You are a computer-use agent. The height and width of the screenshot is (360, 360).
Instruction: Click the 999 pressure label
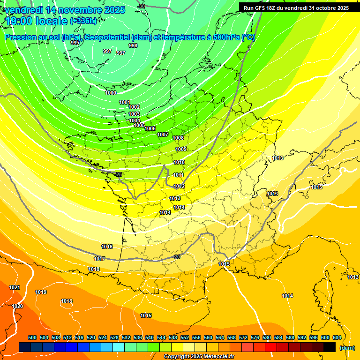pyautogui.click(x=75, y=43)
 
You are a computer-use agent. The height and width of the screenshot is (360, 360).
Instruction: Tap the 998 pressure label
pyautogui.click(x=133, y=45)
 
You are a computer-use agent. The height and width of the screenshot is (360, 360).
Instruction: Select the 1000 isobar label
pyautogui.click(x=111, y=93)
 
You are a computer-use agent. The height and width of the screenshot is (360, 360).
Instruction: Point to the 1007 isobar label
pyautogui.click(x=163, y=135)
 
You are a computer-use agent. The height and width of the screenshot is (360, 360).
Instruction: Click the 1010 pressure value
pyautogui.click(x=179, y=162)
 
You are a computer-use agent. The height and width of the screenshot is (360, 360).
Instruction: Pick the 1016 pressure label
pyautogui.click(x=107, y=247)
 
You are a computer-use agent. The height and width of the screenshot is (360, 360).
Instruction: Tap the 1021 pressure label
pyautogui.click(x=15, y=287)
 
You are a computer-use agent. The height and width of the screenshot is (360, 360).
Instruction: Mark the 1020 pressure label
pyautogui.click(x=17, y=306)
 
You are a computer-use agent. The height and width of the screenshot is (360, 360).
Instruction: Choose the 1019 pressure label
pyautogui.click(x=41, y=292)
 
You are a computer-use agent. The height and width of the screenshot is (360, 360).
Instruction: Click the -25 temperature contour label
pyautogui.click(x=119, y=174)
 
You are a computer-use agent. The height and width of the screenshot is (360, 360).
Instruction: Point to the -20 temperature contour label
pyautogui.click(x=176, y=257)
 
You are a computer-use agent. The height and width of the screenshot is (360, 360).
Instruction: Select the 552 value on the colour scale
pyautogui.click(x=185, y=337)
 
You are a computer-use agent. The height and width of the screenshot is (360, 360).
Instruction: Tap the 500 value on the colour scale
pyautogui.click(x=32, y=337)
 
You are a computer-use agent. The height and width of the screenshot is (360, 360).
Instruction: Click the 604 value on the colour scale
pyautogui.click(x=337, y=337)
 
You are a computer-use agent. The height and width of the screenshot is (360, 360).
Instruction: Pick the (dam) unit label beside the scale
pyautogui.click(x=347, y=347)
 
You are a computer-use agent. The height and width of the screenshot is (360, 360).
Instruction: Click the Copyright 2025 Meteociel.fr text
pyautogui.click(x=199, y=356)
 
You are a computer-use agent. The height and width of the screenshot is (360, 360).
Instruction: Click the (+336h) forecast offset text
pyautogui.click(x=84, y=21)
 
